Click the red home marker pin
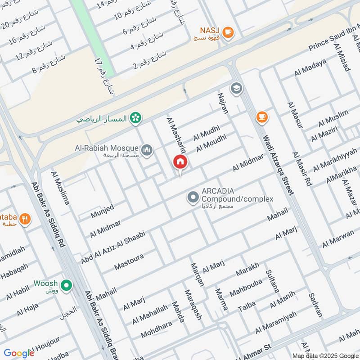(x=180, y=162)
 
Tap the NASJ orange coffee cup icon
(x=228, y=32)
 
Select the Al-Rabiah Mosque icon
(x=147, y=149)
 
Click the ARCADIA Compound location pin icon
(x=193, y=197)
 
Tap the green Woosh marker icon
(x=67, y=285)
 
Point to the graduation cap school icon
(x=236, y=88)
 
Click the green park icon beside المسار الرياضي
(x=134, y=118)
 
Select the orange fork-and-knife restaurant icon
(x=26, y=219)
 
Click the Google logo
(x=19, y=353)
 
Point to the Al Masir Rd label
(x=302, y=169)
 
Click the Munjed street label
(x=102, y=211)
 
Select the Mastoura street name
(x=129, y=263)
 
